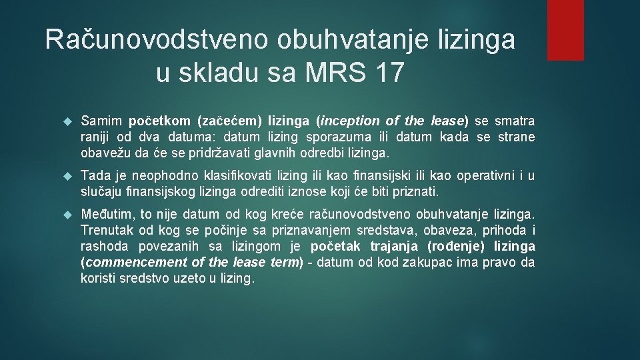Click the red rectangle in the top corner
(565, 30)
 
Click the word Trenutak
(107, 230)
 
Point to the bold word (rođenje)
(457, 246)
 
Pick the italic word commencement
(125, 262)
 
